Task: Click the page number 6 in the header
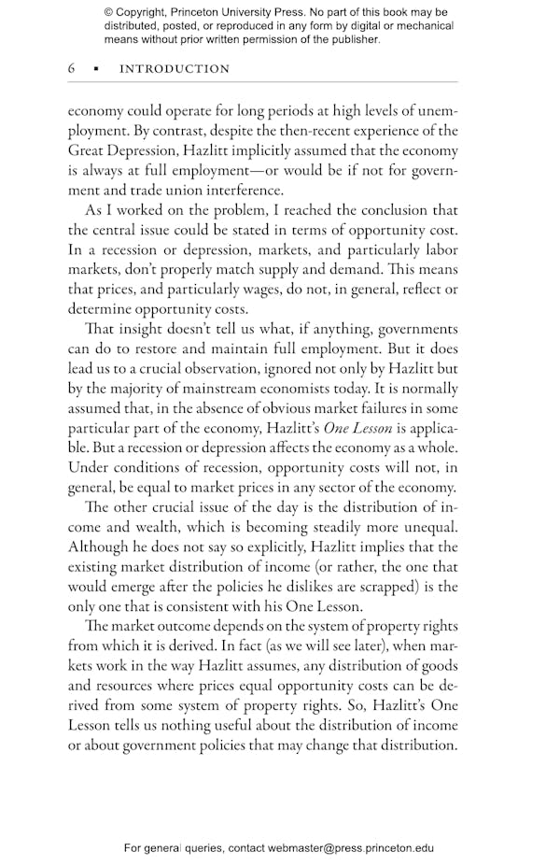point(72,69)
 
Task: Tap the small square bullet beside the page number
point(95,69)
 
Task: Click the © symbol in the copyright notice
point(109,12)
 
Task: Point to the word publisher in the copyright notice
point(354,39)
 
